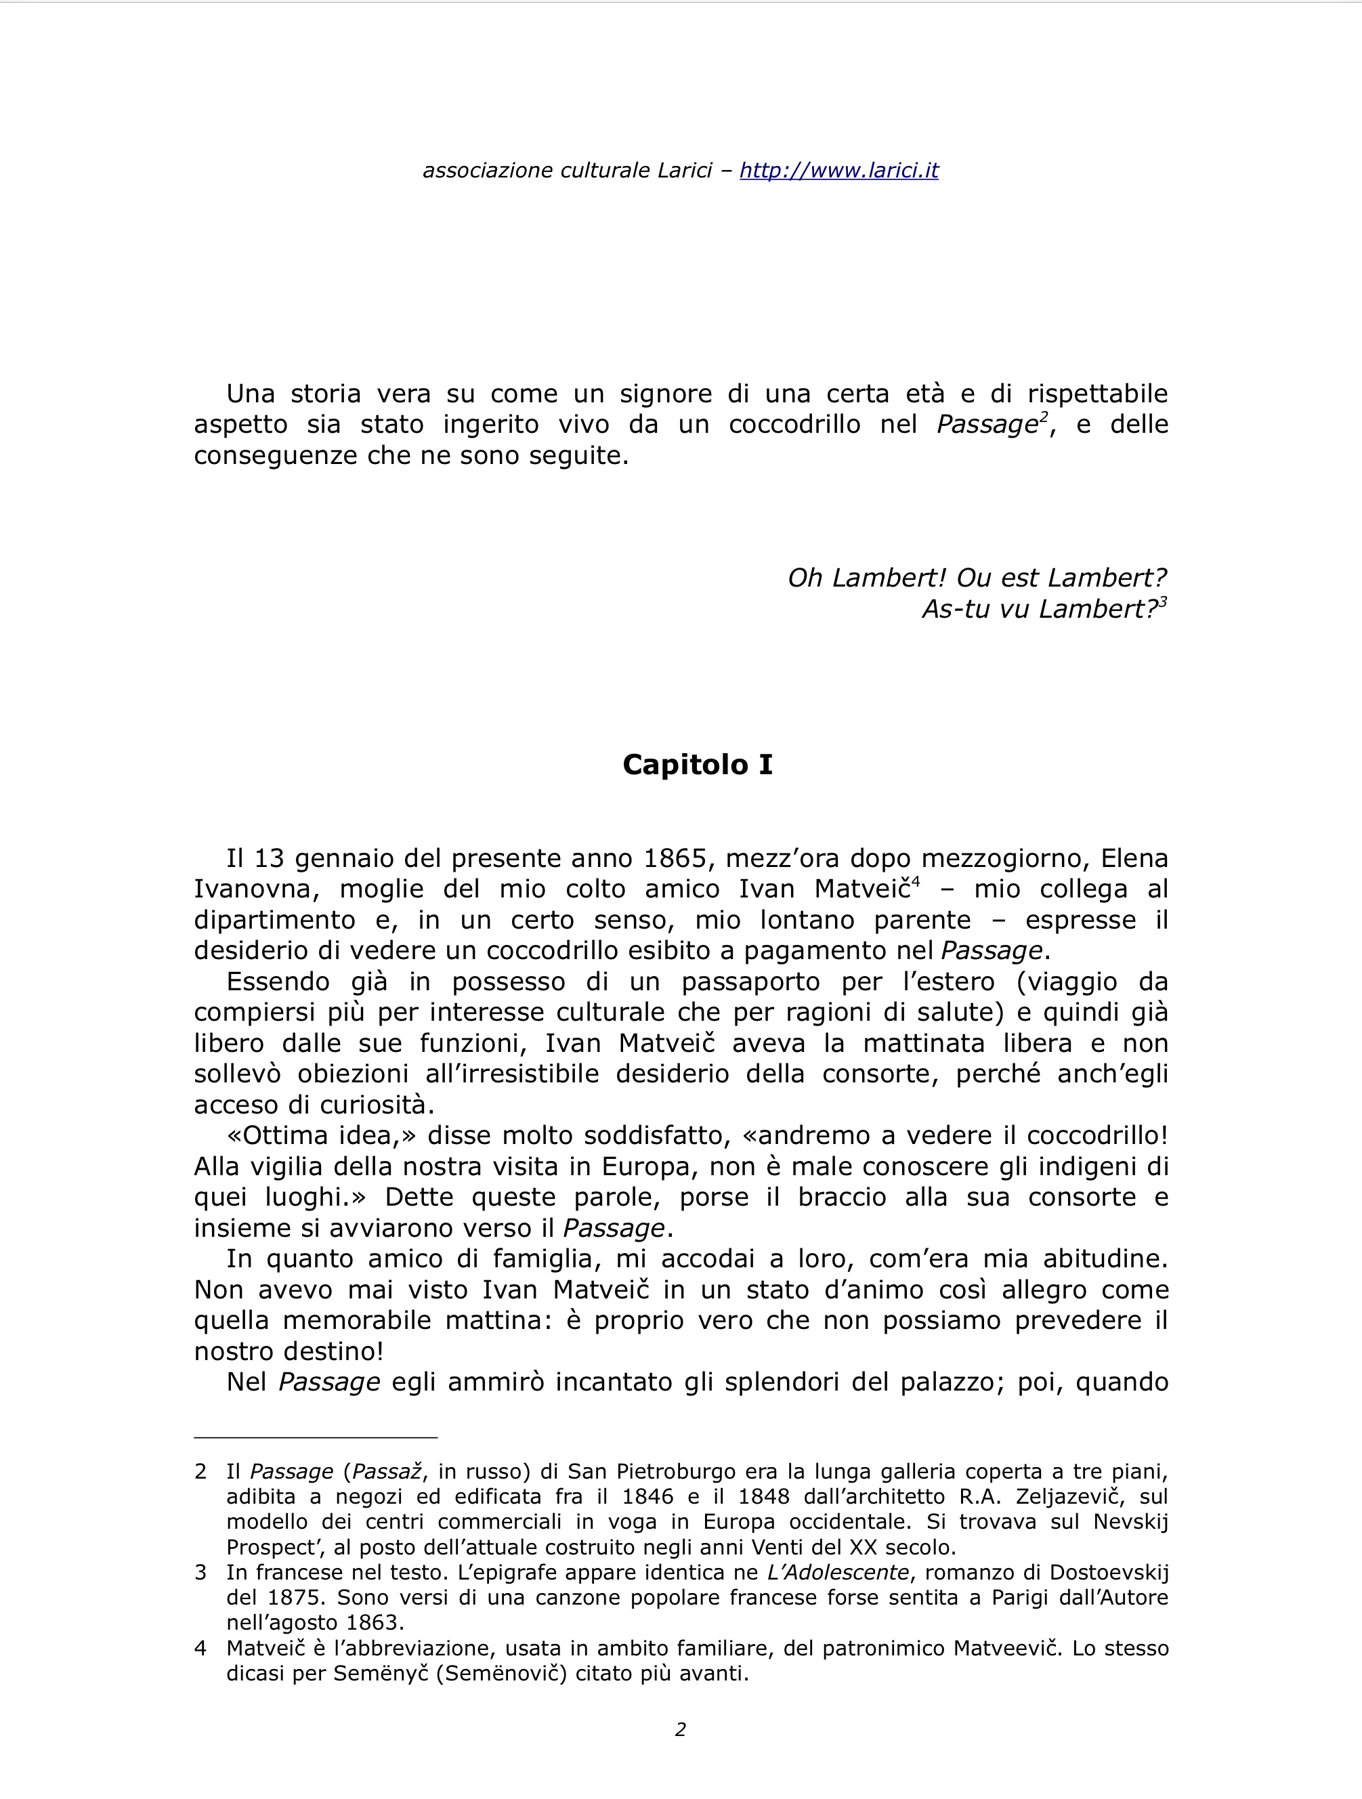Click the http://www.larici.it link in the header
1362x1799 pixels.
(x=838, y=171)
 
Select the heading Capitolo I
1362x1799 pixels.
(x=697, y=765)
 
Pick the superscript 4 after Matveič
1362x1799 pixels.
(x=916, y=883)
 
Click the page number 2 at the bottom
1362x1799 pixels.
(x=681, y=1729)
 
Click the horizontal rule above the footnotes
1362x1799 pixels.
(x=316, y=1438)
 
